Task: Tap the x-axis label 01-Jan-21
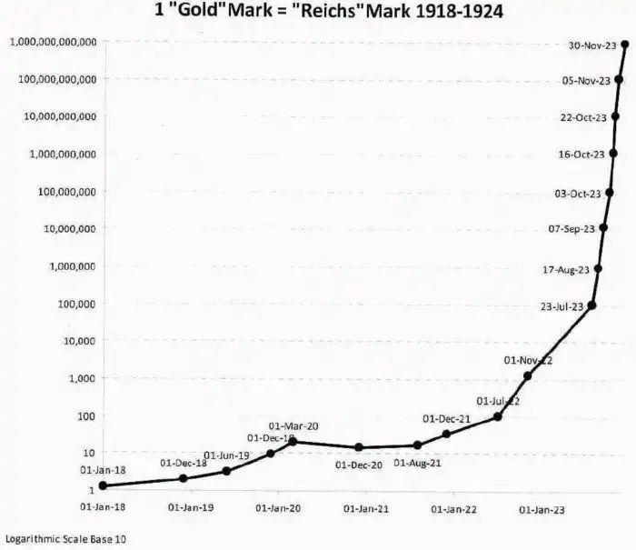[x=366, y=509]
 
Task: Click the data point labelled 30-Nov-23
[x=624, y=43]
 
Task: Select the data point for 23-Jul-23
[x=592, y=305]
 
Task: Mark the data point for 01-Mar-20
[x=293, y=442]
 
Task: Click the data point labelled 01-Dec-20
[x=359, y=447]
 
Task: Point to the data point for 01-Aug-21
[x=417, y=445]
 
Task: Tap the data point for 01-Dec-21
[x=446, y=434]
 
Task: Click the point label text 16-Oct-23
[x=581, y=155]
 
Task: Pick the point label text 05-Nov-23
[x=586, y=81]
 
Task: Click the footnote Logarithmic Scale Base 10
[x=65, y=539]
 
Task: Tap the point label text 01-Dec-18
[x=184, y=463]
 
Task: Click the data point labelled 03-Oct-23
[x=609, y=193]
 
